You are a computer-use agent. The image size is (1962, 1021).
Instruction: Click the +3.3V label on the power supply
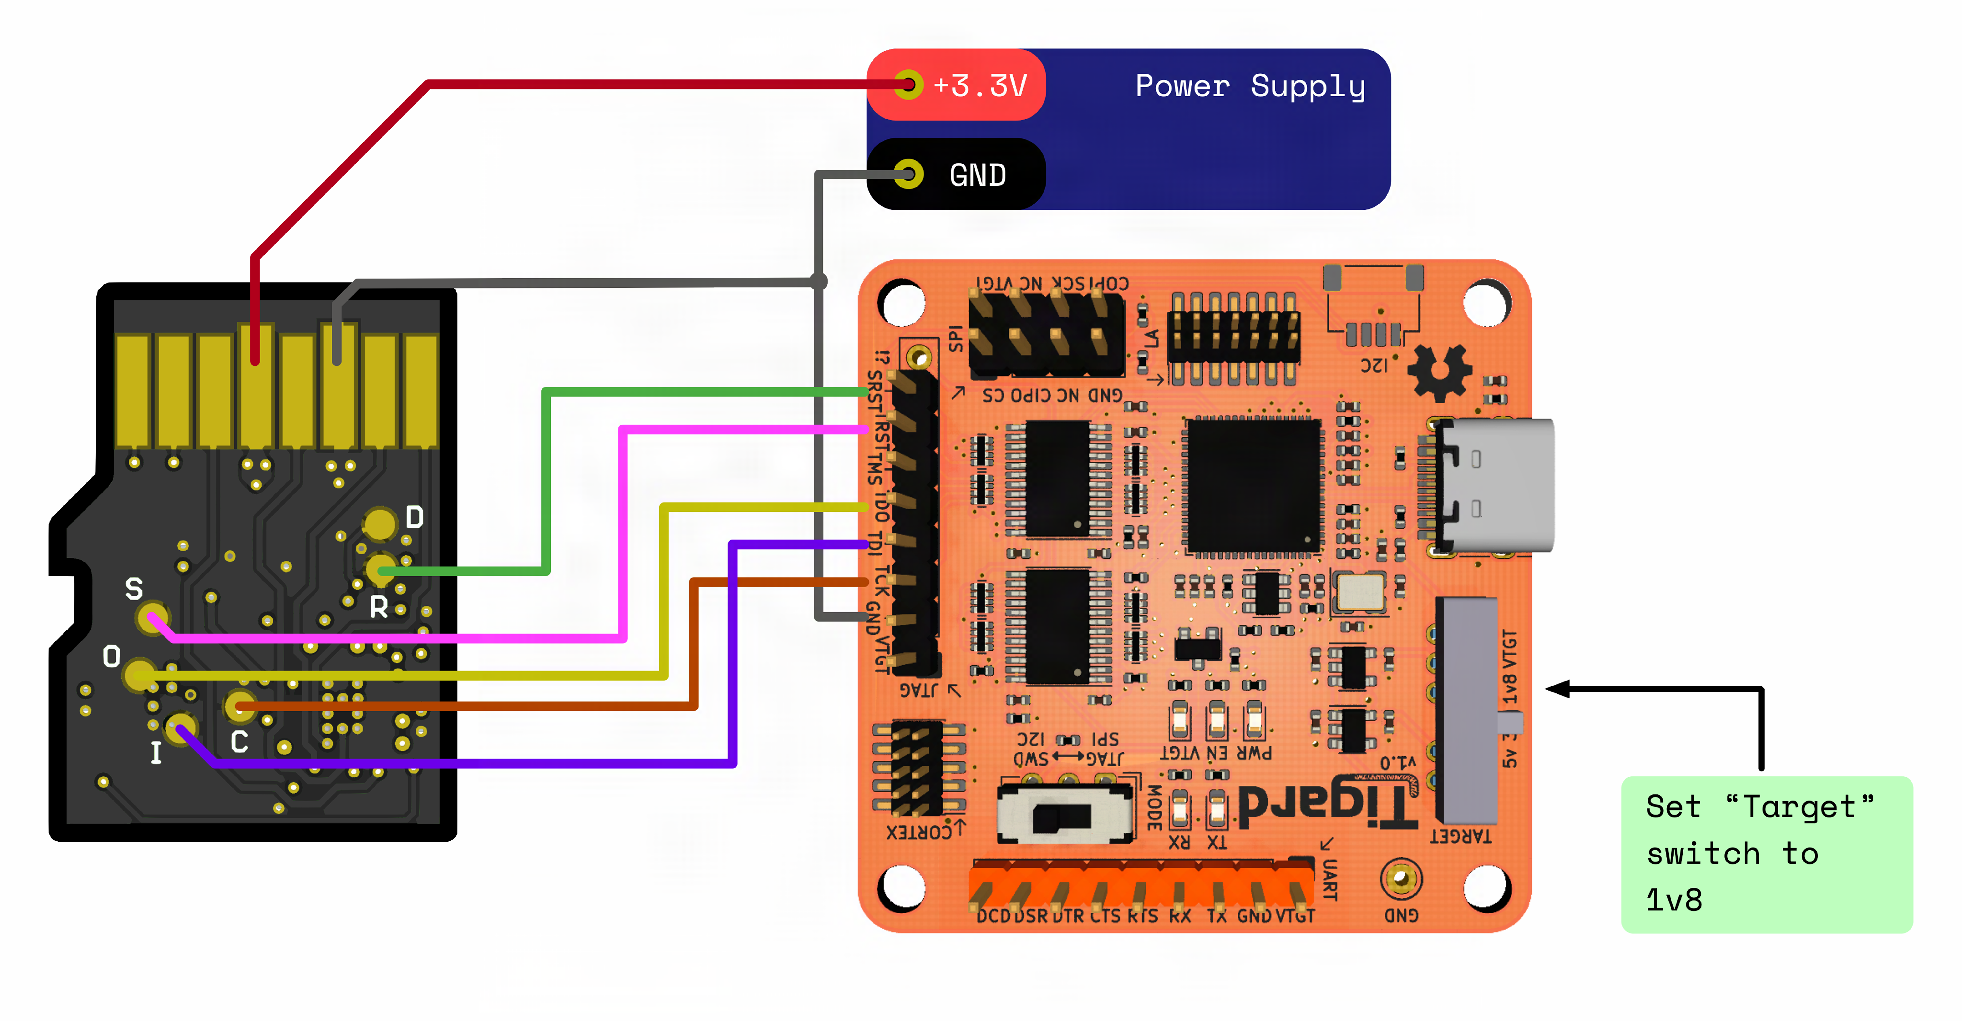tap(980, 85)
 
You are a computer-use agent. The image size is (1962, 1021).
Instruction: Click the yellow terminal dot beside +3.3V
tap(908, 85)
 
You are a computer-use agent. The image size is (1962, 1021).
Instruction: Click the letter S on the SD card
tap(134, 589)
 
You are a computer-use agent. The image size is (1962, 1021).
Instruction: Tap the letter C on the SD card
tap(239, 742)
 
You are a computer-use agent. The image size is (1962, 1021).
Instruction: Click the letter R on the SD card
tap(379, 607)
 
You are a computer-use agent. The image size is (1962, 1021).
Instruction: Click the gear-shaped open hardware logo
tap(1439, 372)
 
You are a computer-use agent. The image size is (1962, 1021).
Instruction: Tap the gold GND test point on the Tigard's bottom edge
tap(1400, 879)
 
